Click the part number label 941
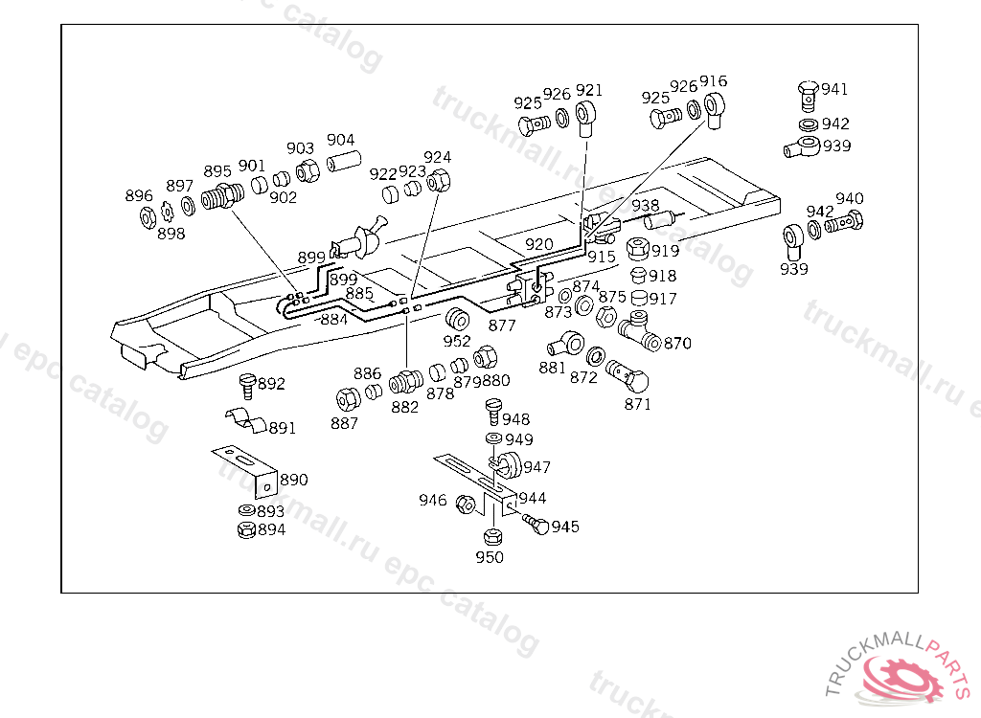(834, 89)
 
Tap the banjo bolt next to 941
(808, 94)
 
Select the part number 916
(713, 80)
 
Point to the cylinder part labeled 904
(343, 161)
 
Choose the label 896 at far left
(139, 195)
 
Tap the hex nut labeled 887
(347, 397)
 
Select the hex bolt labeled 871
(627, 375)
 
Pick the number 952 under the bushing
(457, 340)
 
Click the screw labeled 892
(246, 385)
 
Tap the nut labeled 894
(245, 529)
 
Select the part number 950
(490, 557)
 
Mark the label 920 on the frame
(538, 244)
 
